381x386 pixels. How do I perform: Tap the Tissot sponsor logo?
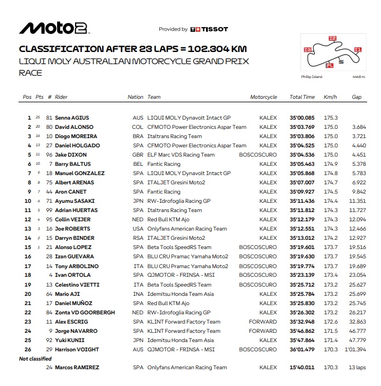click(x=209, y=29)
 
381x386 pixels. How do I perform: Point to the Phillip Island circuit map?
click(x=330, y=55)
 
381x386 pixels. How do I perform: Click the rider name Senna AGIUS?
click(x=72, y=117)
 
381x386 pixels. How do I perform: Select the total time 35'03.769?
click(x=302, y=127)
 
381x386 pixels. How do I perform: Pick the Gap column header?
click(x=357, y=97)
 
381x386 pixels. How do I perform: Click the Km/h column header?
click(x=331, y=97)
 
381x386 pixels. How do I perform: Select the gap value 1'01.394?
click(x=356, y=349)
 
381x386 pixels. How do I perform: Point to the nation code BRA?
click(x=138, y=136)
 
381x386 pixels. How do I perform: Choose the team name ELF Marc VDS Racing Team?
click(x=181, y=154)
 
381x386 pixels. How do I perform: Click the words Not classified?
click(x=34, y=358)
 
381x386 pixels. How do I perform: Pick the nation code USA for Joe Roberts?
click(x=138, y=228)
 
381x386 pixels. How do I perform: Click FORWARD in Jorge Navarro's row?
click(x=263, y=331)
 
